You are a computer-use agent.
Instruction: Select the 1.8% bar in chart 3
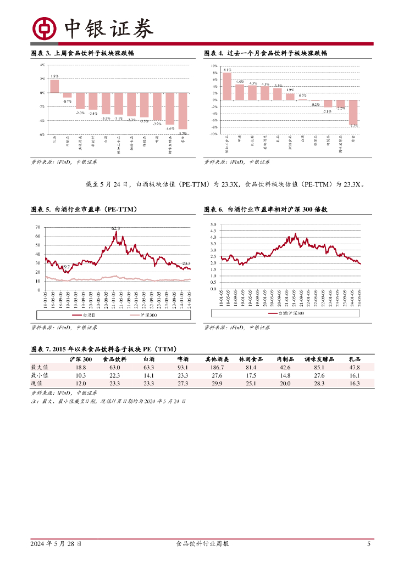[54, 86]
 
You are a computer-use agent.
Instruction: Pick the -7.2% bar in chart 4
[353, 112]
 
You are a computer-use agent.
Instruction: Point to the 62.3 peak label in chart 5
[115, 228]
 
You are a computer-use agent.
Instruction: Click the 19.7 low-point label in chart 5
[66, 267]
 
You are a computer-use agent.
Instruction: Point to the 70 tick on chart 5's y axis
[37, 227]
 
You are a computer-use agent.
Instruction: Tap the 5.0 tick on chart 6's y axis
[213, 224]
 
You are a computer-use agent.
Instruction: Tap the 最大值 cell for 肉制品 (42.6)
[285, 367]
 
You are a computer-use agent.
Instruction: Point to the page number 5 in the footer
[368, 544]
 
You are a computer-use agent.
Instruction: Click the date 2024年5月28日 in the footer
[56, 544]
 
